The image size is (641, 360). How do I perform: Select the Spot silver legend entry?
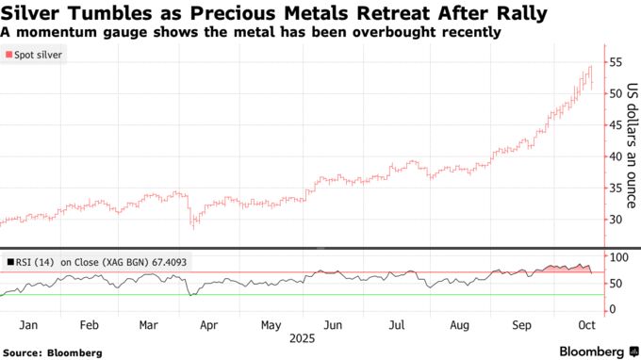(35, 56)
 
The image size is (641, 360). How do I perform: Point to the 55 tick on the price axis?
(616, 62)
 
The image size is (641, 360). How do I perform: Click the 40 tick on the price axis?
(616, 156)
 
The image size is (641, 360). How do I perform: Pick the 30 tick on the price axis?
(616, 220)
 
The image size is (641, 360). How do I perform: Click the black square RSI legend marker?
(9, 262)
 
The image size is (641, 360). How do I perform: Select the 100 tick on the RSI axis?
(618, 257)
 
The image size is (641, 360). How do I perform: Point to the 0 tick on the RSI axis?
(612, 310)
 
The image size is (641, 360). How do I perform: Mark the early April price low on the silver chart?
(193, 226)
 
